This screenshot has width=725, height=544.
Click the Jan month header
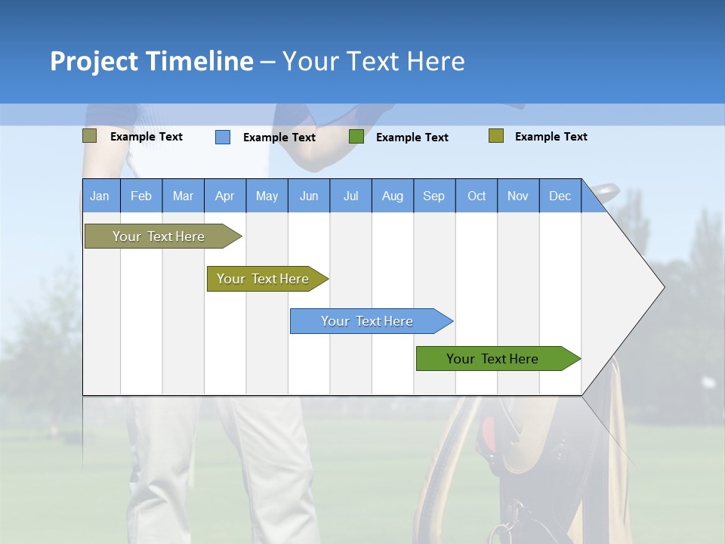point(100,196)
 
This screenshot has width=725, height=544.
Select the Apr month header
point(225,196)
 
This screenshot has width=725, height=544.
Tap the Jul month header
point(351,196)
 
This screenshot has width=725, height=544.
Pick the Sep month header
point(434,196)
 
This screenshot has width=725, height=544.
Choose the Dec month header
point(560,196)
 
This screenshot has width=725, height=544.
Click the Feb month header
point(141,196)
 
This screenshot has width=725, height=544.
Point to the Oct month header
point(477,196)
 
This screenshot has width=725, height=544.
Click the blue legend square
point(223,137)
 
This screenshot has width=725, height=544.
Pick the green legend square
point(356,137)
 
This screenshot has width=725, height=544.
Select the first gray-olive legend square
point(90,136)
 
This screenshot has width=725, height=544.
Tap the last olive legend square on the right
point(496,136)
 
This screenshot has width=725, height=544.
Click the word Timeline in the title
point(199,61)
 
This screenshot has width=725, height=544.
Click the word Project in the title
point(94,61)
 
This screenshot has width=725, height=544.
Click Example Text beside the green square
point(412,138)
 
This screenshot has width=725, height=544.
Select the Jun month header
point(309,196)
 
